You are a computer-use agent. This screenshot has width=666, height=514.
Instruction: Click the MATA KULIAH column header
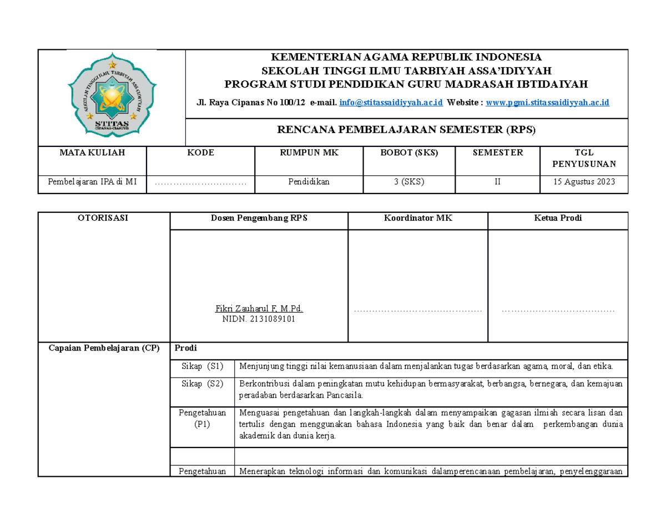coord(92,152)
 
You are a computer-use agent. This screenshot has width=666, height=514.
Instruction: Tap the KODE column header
coord(200,152)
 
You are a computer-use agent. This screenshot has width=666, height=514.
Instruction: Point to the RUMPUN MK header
coord(308,152)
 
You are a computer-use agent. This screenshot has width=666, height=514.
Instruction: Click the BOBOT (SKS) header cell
coord(408,152)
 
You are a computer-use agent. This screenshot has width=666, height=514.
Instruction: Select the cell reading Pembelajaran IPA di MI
coord(92,182)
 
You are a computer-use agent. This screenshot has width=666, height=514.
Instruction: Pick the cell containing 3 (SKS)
coord(408,182)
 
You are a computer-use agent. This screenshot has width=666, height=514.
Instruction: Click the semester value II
coord(497,182)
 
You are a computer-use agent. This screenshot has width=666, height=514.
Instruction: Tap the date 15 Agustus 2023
coord(583,182)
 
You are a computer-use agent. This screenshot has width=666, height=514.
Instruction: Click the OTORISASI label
coord(104,218)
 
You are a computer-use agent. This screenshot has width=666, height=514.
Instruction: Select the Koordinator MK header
coord(417,218)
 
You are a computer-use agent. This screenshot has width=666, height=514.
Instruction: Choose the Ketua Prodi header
coord(558,218)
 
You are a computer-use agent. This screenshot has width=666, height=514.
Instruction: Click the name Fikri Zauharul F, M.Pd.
coord(259,308)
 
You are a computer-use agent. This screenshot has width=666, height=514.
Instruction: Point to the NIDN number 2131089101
coord(259,319)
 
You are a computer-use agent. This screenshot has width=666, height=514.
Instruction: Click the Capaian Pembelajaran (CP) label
coord(104,348)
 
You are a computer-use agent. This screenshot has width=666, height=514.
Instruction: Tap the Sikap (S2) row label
coord(202,383)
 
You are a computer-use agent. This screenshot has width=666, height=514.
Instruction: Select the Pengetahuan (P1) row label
coord(202,418)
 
